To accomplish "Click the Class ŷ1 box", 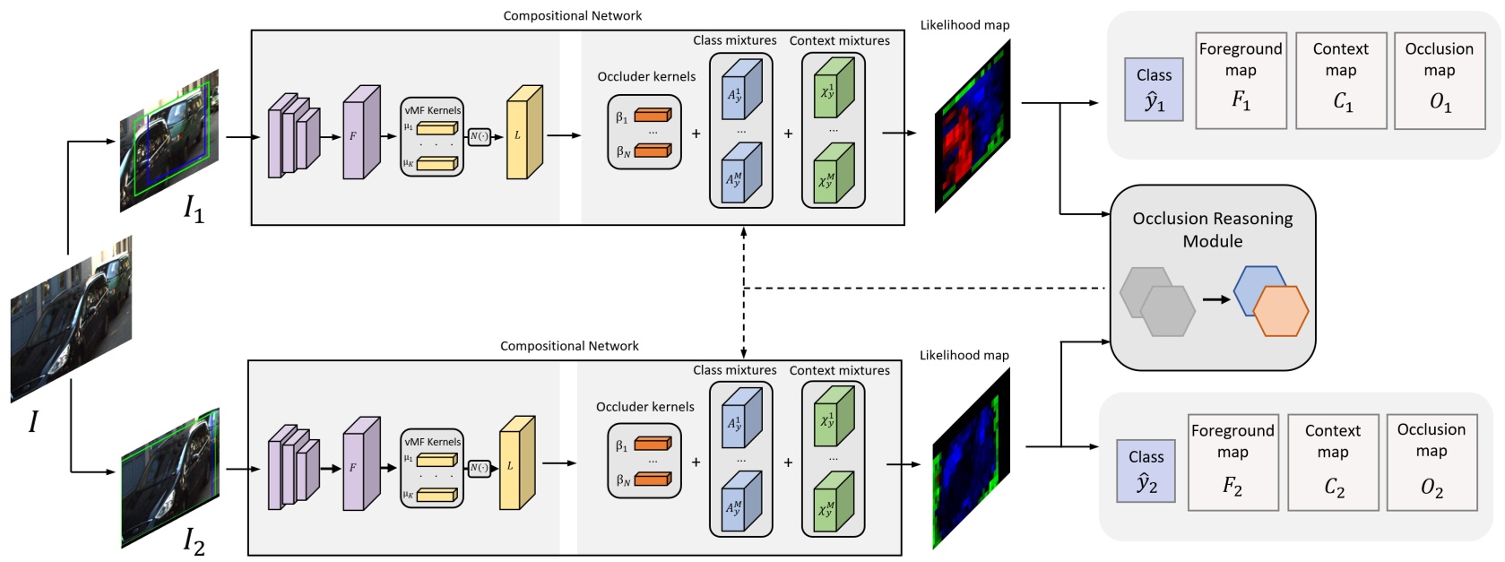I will tap(1154, 90).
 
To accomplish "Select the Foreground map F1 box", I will tap(1241, 80).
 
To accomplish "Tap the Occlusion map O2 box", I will tap(1431, 462).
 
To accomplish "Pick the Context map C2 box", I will tap(1332, 462).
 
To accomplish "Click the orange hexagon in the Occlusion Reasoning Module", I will tap(1280, 311).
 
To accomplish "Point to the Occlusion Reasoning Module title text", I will tap(1212, 229).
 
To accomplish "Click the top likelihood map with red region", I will tap(972, 126).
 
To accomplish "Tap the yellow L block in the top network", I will tap(523, 134).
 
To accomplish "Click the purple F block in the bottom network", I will tap(360, 464).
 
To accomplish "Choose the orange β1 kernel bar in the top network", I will tap(653, 116).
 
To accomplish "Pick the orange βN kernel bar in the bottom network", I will tap(653, 480).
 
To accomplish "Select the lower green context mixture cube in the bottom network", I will tap(833, 505).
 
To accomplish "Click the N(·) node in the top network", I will tap(480, 136).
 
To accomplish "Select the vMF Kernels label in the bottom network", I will tap(432, 442).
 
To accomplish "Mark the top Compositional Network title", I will tap(572, 15).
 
